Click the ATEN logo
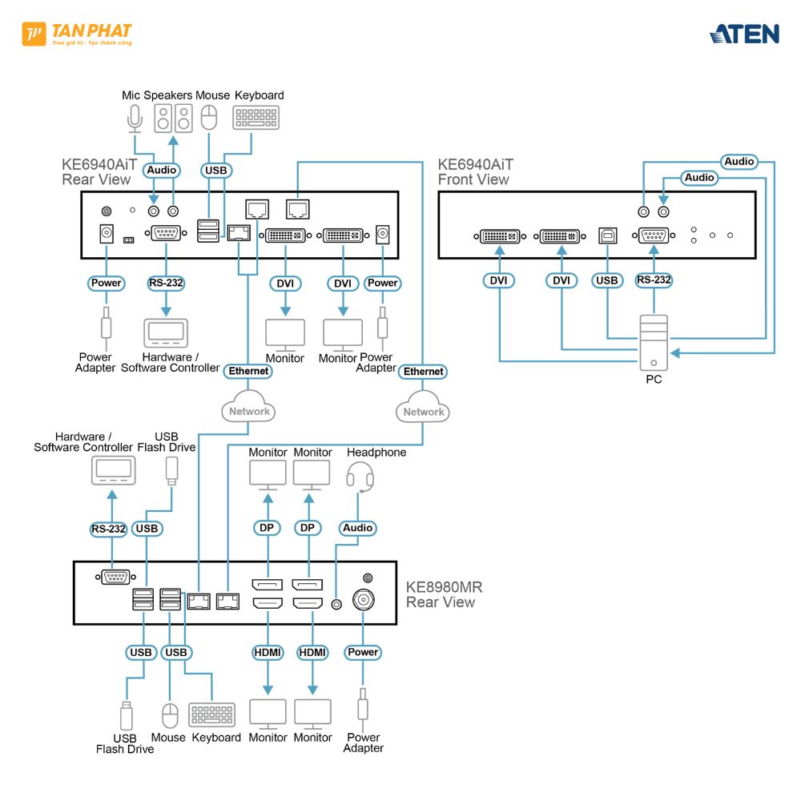744,34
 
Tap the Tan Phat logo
77,34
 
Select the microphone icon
134,119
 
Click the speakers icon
174,119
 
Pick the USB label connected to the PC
607,280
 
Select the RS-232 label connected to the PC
654,280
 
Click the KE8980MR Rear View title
445,594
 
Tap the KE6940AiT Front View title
475,172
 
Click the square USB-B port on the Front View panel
607,236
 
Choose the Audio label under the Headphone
358,528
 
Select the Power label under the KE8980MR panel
363,652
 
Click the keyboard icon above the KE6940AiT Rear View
256,119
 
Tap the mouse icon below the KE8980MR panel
169,714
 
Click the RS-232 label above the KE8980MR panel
109,529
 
